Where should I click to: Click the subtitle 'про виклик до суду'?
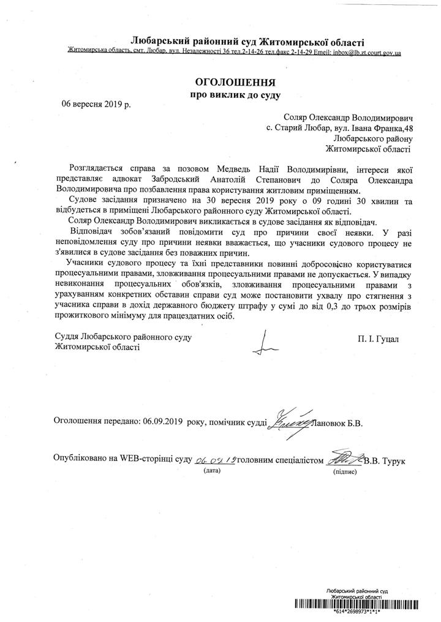[236, 95]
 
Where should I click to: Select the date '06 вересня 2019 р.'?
[96, 104]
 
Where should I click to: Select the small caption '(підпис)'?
[343, 473]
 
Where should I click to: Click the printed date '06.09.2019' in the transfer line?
[162, 422]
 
